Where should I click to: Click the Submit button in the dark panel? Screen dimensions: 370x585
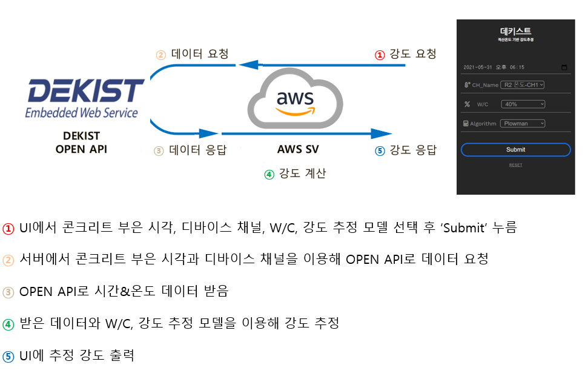(515, 149)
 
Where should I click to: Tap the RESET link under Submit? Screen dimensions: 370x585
(515, 165)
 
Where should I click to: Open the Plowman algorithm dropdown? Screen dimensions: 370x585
(523, 123)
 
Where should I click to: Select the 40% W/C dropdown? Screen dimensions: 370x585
(523, 104)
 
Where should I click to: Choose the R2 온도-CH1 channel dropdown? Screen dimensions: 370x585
(523, 85)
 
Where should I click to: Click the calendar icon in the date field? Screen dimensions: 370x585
(564, 67)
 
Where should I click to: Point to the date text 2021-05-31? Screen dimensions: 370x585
(478, 67)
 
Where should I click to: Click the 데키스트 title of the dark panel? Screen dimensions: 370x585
(515, 31)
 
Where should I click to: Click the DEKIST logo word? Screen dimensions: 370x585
(85, 91)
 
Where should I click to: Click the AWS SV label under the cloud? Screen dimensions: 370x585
(298, 149)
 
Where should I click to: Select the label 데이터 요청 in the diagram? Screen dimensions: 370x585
(200, 54)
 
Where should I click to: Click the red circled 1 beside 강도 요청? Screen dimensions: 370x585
(380, 55)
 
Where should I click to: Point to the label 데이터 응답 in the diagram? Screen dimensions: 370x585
(197, 150)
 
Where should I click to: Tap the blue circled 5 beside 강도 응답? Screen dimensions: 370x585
(380, 151)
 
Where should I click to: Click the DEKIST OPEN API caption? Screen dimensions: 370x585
(81, 142)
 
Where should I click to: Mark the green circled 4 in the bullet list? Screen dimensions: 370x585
(8, 323)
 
